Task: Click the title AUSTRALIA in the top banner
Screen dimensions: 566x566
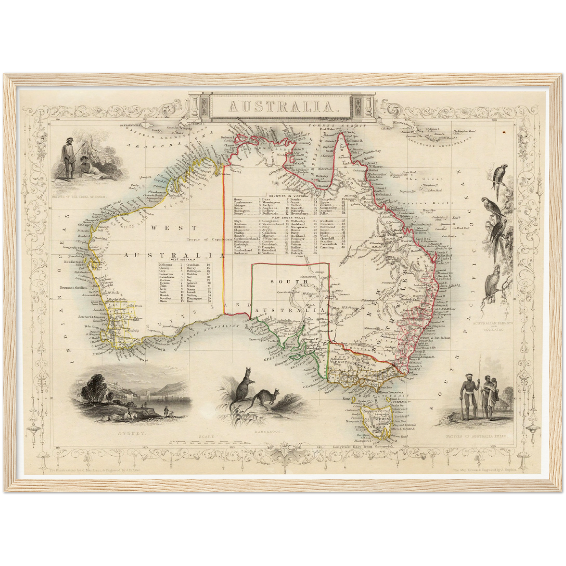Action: [x=280, y=106]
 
